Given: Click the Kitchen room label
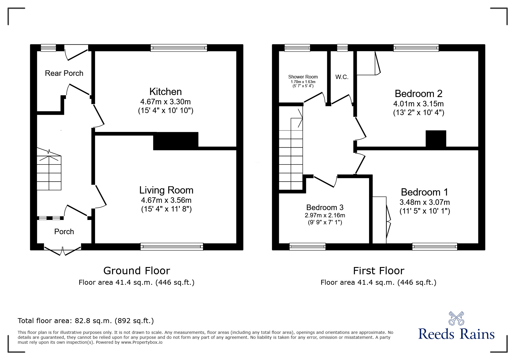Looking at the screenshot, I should [x=165, y=92].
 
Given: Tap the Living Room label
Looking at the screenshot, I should [x=166, y=190].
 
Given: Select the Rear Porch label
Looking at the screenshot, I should [x=64, y=73].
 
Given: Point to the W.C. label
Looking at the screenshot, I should [x=342, y=77].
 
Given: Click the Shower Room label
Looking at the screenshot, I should [x=303, y=77].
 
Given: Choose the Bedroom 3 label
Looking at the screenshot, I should [x=325, y=207].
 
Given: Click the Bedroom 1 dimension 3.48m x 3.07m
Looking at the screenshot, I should [x=425, y=202].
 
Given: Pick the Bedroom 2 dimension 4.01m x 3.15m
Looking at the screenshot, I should [x=418, y=104].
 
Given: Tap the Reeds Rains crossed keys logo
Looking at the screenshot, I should [x=456, y=318].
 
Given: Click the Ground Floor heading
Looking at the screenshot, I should [x=136, y=271].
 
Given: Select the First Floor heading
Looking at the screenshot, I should [x=378, y=271].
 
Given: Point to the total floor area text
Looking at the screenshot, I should [x=86, y=321].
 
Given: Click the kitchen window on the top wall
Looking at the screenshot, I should [x=179, y=48].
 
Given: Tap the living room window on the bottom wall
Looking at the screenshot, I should [x=172, y=247].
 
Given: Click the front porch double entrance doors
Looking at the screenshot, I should [x=63, y=250].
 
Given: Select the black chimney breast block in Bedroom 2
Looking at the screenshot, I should [x=436, y=139].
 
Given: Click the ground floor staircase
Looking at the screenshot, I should [x=49, y=173].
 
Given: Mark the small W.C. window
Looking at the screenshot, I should [x=342, y=48].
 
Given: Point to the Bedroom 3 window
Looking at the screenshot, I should [x=307, y=247].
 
